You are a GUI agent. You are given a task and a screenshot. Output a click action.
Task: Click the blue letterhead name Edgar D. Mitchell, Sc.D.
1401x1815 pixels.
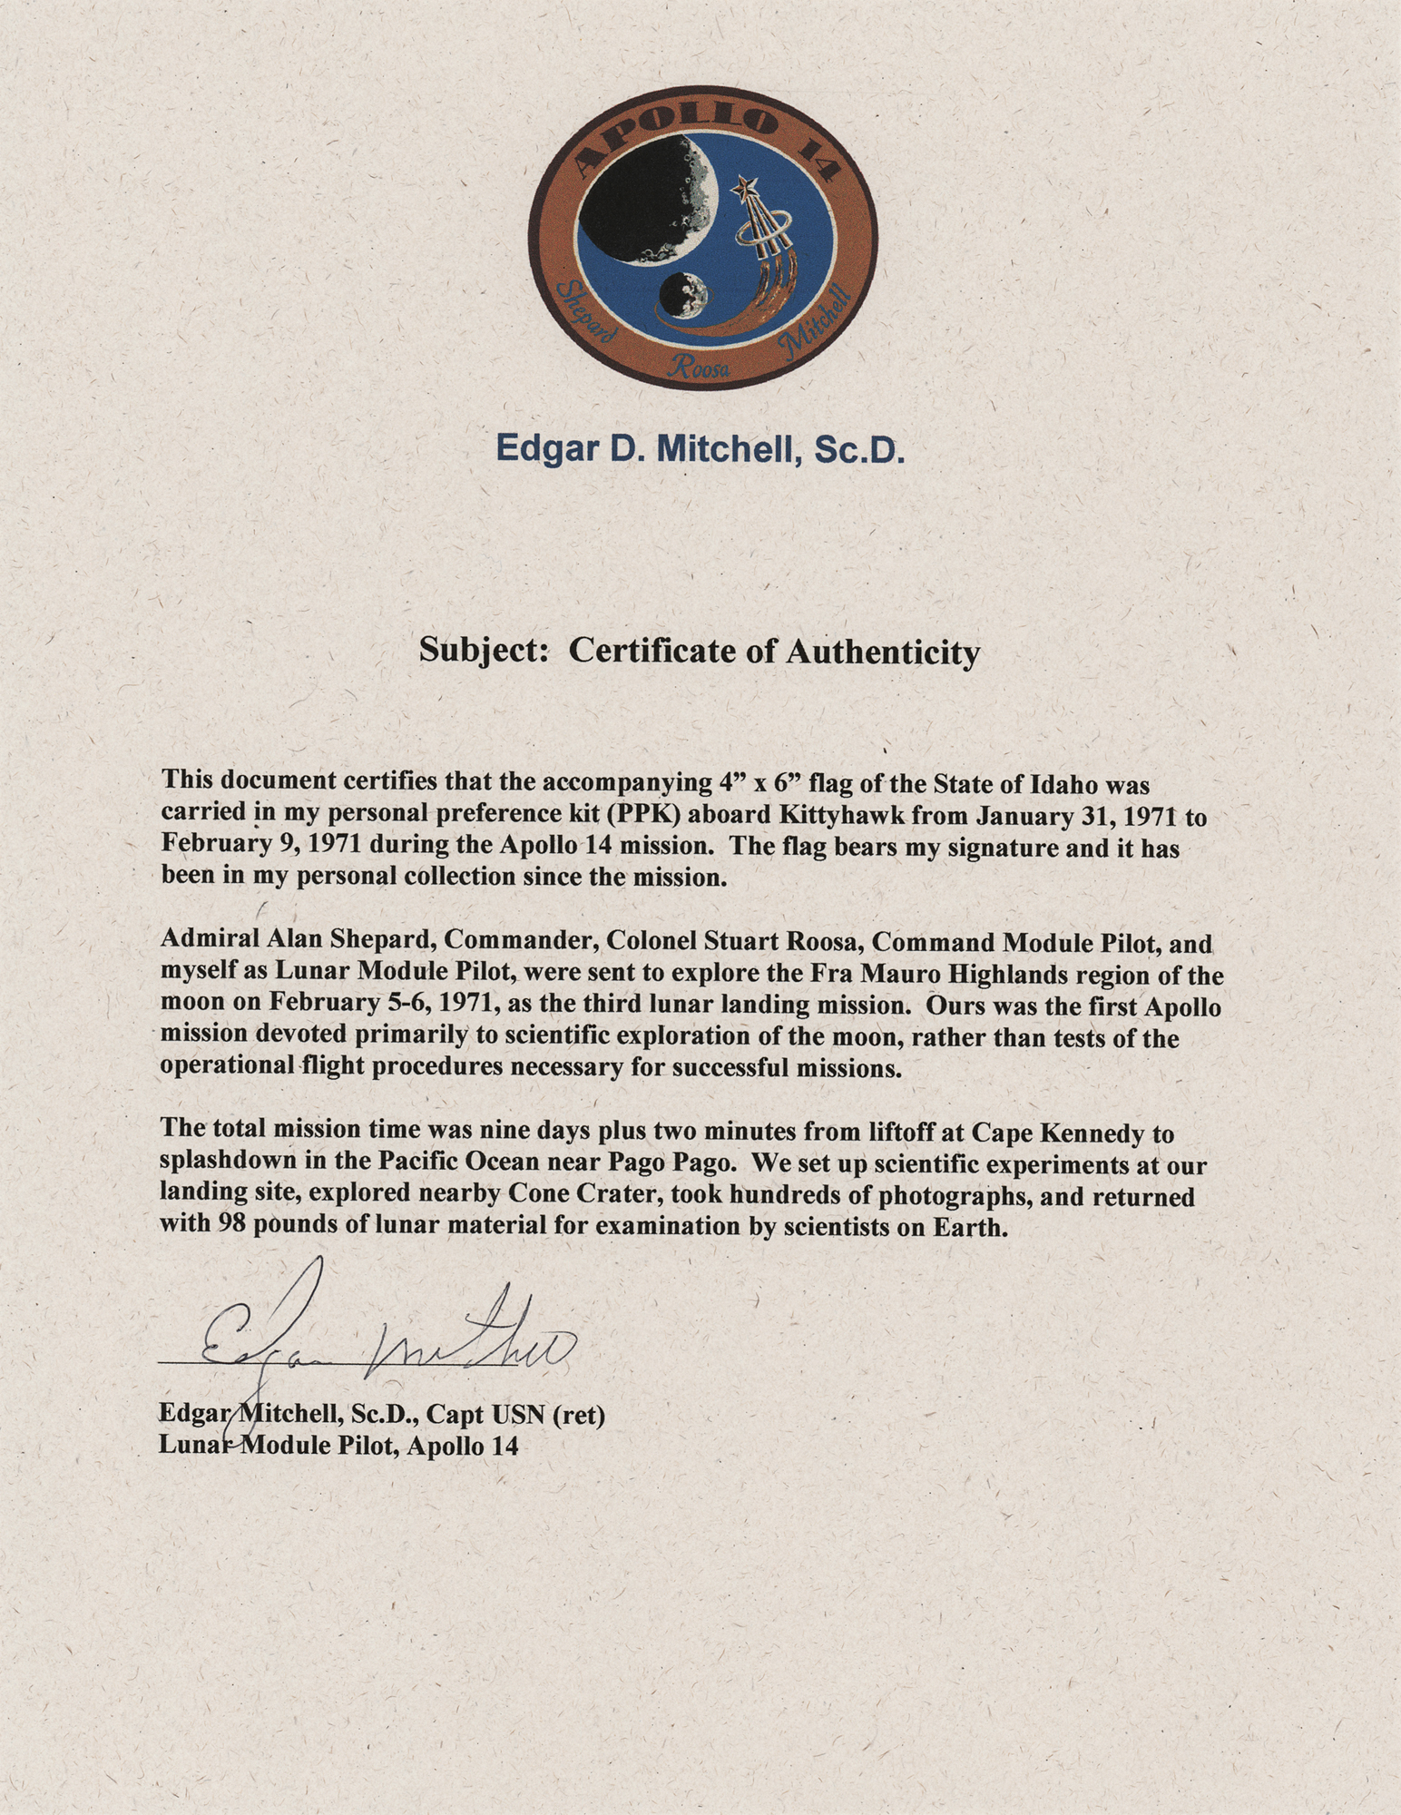pyautogui.click(x=700, y=449)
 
